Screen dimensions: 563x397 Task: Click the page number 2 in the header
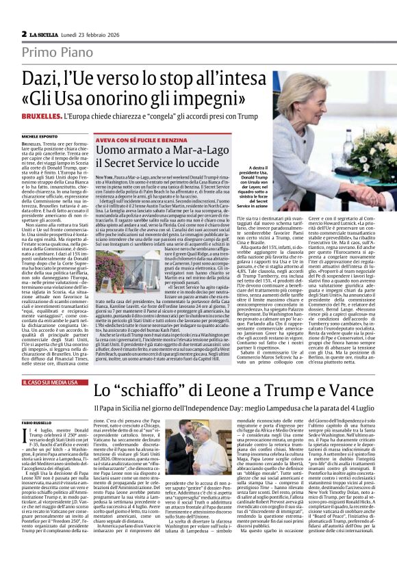tap(24, 34)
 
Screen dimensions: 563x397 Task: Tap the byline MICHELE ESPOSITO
tap(43, 137)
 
